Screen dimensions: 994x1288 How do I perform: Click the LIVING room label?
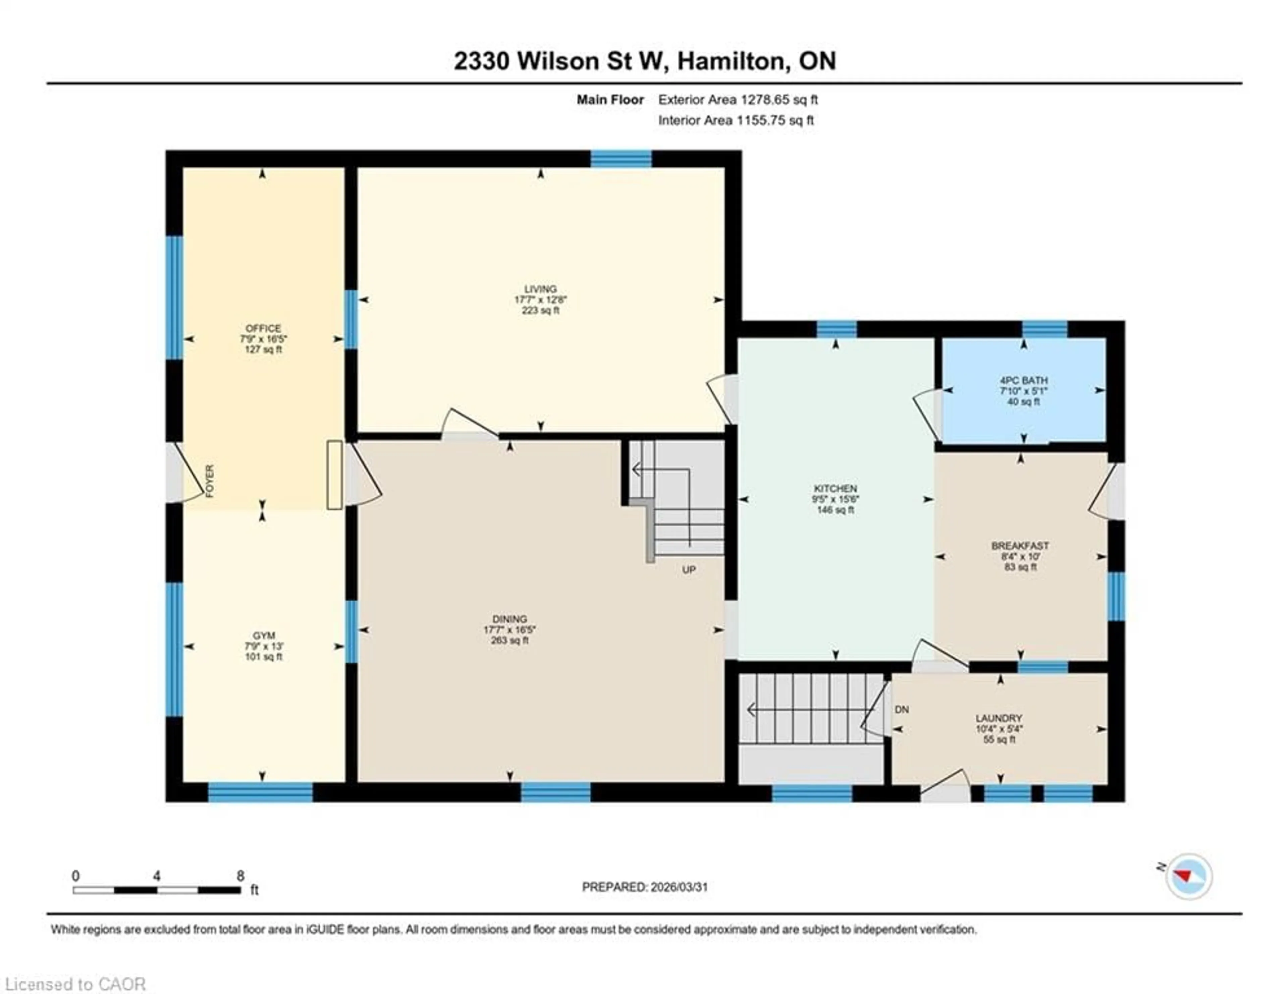540,289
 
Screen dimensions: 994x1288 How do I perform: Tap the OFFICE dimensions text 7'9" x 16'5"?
263,339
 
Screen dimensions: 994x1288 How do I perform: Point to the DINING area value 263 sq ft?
509,640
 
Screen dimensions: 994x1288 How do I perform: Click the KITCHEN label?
835,488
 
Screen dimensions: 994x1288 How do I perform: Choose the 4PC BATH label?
1023,380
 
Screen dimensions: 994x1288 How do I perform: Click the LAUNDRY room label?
999,718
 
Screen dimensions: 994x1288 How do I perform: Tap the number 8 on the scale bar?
240,876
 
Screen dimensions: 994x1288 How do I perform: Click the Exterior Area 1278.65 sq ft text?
738,100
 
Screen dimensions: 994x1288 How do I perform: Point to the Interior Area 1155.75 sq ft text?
736,120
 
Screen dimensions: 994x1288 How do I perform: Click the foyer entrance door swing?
184,474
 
